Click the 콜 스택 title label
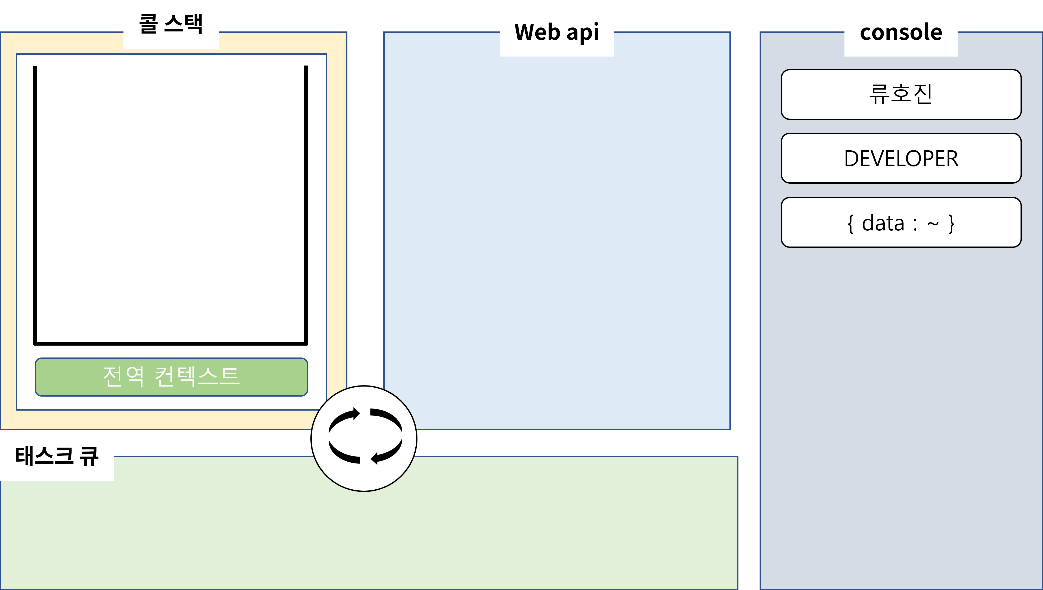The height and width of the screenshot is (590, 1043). tap(171, 24)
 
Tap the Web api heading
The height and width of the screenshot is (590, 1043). tap(557, 32)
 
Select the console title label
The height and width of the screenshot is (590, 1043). tap(901, 32)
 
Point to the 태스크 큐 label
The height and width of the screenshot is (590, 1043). tap(57, 456)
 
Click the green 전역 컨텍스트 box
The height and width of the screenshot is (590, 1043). tap(171, 377)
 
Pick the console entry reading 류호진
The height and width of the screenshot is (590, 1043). tap(901, 94)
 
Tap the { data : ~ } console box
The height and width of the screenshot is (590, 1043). tap(901, 222)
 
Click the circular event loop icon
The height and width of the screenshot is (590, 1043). tap(364, 439)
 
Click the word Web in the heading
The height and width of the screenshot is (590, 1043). tap(537, 32)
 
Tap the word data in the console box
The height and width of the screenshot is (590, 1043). tap(883, 223)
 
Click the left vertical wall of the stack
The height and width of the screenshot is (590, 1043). tap(35, 203)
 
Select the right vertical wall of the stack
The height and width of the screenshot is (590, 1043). tap(306, 203)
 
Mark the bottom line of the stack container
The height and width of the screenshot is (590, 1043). tap(170, 344)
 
